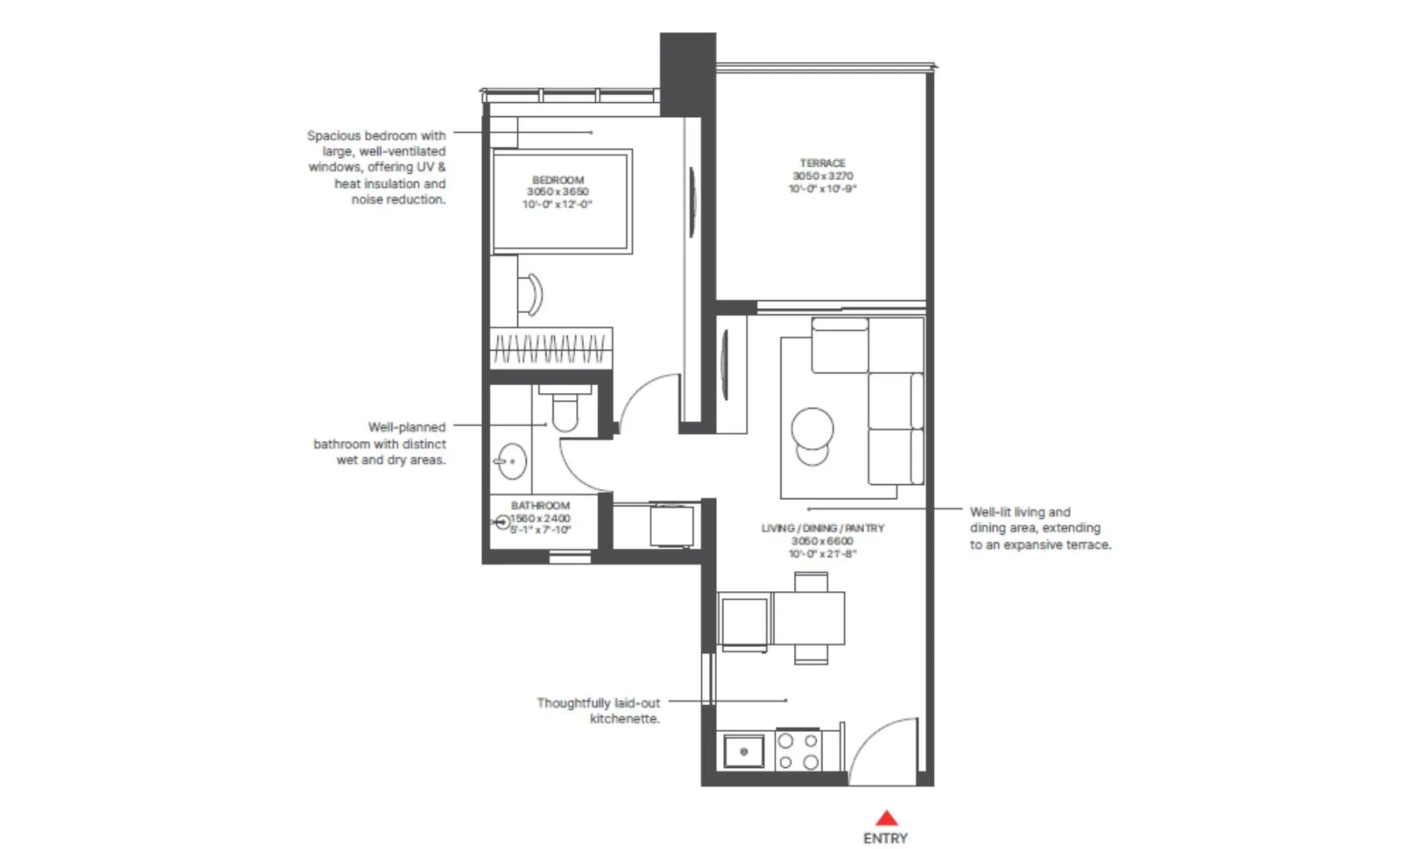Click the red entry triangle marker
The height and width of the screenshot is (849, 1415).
coord(886,818)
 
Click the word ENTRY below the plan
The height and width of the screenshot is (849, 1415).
coord(885,839)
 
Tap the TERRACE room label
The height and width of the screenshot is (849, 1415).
coord(822,163)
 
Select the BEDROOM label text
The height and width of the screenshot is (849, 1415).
coord(558,180)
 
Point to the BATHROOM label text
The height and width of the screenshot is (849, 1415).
coord(540,505)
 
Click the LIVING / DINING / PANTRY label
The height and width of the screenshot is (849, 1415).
coord(822,528)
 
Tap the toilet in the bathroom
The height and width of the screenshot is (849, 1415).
coord(564,411)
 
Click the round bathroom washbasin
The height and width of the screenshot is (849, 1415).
coord(511,461)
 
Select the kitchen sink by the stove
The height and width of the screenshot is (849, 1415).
coord(743,752)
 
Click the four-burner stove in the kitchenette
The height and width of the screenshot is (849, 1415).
coord(798,752)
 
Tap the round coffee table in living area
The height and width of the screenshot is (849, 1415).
coord(812,429)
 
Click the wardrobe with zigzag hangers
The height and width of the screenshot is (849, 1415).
coord(551,347)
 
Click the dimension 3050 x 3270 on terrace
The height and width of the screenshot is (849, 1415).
coord(822,176)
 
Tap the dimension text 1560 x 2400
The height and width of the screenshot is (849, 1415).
coord(541,518)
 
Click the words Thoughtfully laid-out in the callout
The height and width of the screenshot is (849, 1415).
coord(598,703)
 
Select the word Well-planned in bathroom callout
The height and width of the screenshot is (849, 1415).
coord(406,427)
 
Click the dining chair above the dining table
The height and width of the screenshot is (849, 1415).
coord(810,583)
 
